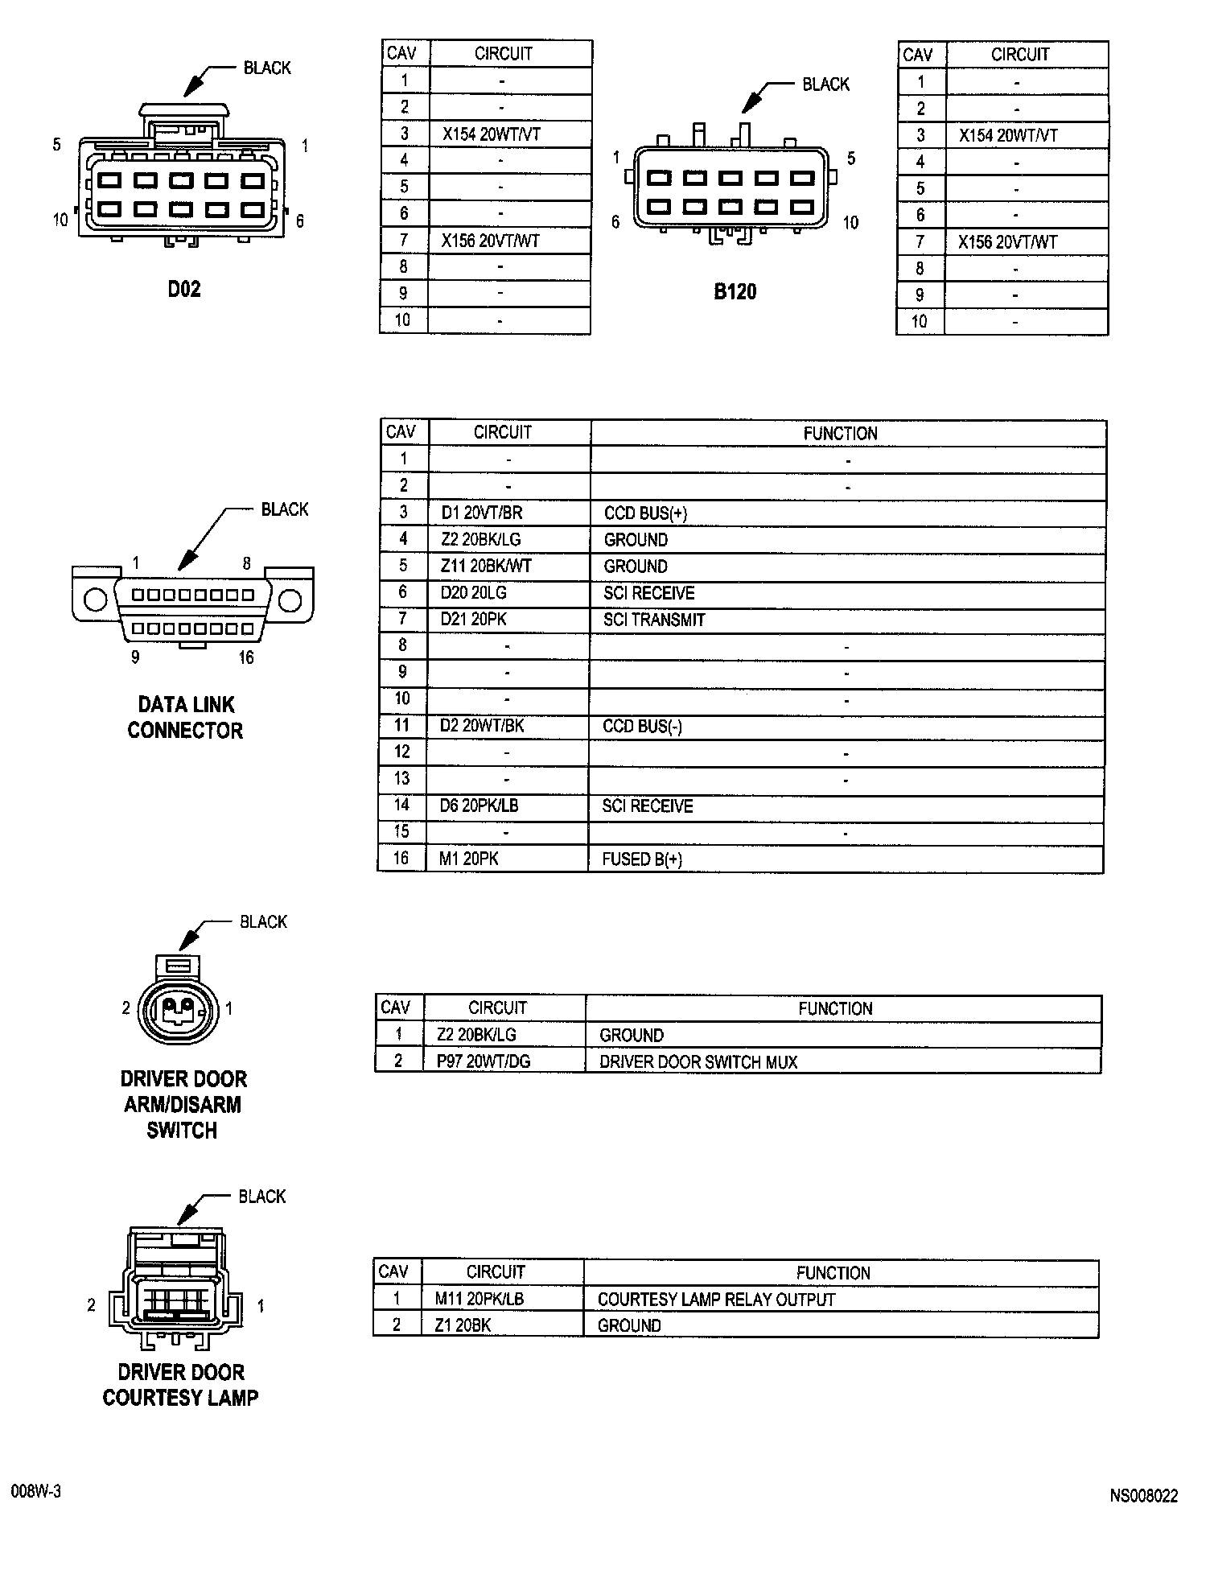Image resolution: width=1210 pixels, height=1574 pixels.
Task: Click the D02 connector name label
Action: coord(184,290)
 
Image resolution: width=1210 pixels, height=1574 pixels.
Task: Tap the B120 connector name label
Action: coord(735,291)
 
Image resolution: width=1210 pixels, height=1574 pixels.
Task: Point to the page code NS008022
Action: coord(1143,1496)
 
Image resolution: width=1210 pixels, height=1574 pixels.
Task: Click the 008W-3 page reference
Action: coord(36,1491)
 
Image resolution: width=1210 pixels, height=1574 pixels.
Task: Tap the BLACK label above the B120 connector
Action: coord(825,84)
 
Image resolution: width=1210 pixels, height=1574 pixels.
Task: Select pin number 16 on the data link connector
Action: coord(246,657)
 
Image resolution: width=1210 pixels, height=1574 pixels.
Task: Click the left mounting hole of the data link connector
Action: coord(95,600)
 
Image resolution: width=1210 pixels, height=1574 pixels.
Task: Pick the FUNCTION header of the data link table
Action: coord(840,434)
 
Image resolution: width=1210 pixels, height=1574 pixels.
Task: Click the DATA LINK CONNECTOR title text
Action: coord(186,718)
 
